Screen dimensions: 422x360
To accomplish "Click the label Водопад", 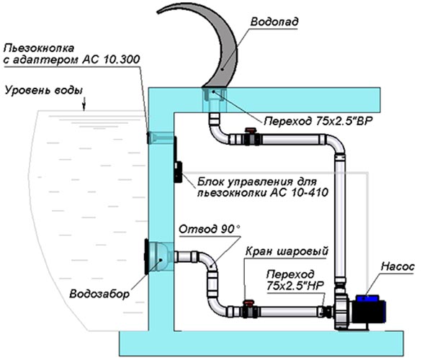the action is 274,22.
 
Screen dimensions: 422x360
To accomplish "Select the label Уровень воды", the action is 44,91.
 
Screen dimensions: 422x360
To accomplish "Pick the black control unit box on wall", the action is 178,171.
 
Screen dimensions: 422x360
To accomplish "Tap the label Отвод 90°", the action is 209,229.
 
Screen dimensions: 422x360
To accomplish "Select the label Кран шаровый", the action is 287,251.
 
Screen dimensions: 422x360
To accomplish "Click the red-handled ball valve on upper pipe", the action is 251,138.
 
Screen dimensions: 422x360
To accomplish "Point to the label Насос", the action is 398,266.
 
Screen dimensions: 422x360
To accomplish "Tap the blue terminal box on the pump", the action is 368,298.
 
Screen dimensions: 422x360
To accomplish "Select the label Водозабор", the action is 99,294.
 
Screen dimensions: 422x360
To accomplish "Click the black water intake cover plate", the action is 147,256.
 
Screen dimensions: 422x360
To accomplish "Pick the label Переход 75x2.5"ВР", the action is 318,122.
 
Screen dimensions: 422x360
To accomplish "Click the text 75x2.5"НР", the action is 295,286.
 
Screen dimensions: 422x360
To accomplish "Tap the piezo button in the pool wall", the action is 148,138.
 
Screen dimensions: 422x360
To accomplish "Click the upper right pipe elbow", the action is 335,144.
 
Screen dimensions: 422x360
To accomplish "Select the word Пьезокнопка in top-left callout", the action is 39,48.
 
